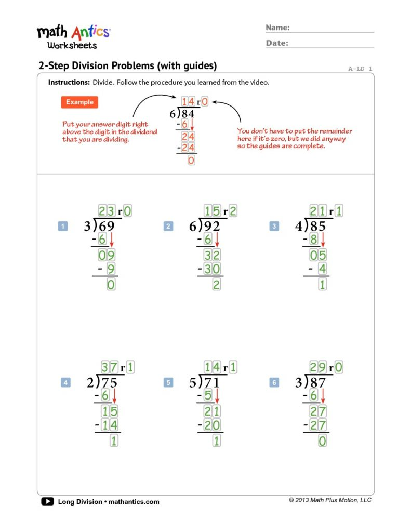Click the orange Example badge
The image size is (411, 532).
(79, 102)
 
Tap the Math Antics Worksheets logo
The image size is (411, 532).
(73, 36)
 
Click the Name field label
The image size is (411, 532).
(277, 28)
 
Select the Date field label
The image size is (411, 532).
(277, 43)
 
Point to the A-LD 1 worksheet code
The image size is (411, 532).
(360, 69)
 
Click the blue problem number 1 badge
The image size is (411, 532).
(63, 226)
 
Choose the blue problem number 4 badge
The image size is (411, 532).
(65, 383)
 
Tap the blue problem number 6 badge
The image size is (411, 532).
(274, 383)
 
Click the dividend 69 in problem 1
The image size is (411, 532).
(107, 227)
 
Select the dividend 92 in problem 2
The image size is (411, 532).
(213, 227)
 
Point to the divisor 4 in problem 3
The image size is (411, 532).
(299, 227)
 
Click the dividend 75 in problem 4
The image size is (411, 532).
(110, 383)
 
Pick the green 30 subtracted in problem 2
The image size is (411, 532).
(213, 269)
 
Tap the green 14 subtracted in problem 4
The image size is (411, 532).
(110, 425)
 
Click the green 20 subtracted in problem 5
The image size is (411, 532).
(213, 425)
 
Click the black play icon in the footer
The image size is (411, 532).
(47, 501)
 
